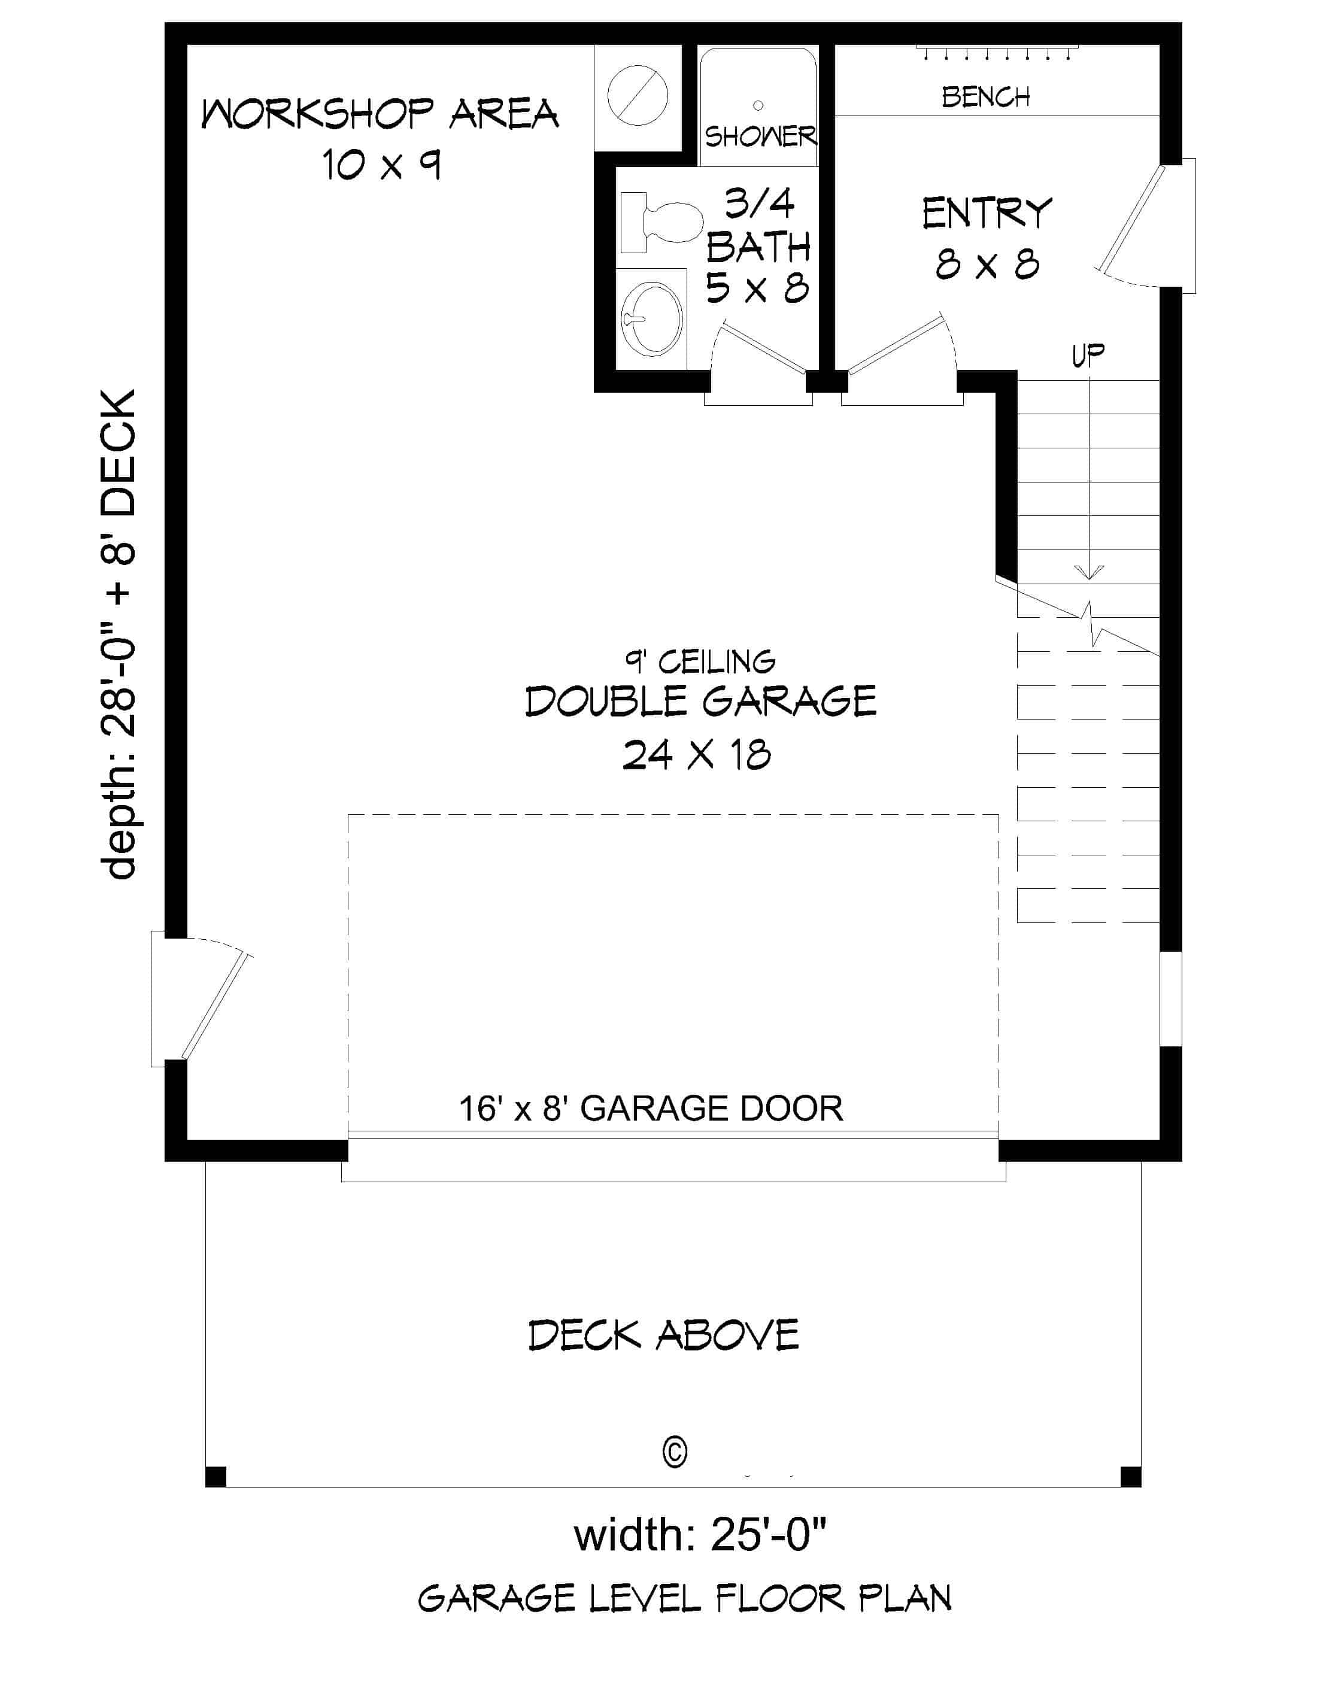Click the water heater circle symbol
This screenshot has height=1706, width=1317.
638,95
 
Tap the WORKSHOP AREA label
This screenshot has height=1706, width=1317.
380,115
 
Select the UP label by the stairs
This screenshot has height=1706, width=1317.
1087,356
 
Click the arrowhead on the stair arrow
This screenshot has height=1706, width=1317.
1088,573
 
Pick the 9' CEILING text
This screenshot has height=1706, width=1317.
700,663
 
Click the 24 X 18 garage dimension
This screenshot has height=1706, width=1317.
696,755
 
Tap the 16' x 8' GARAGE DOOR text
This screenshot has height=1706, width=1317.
651,1109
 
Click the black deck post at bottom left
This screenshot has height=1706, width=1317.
216,1476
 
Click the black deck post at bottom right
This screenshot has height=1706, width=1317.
1130,1476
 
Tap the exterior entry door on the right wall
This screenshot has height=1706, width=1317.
1133,226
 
